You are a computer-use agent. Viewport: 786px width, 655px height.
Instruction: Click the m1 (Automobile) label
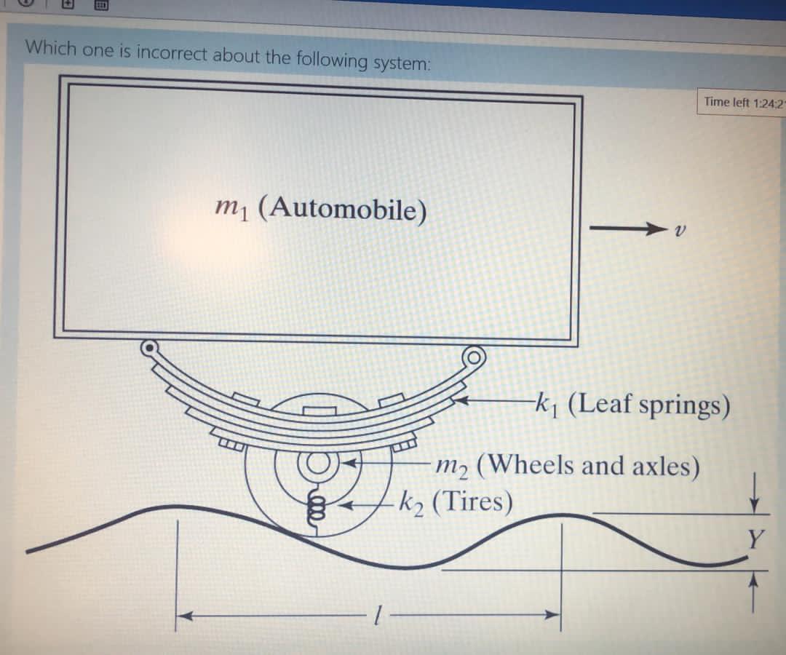coord(321,210)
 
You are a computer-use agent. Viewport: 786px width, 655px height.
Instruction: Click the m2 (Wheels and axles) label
coord(568,464)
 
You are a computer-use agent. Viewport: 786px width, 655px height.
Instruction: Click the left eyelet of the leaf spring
coord(150,348)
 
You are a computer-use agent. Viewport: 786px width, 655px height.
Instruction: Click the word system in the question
coord(401,63)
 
